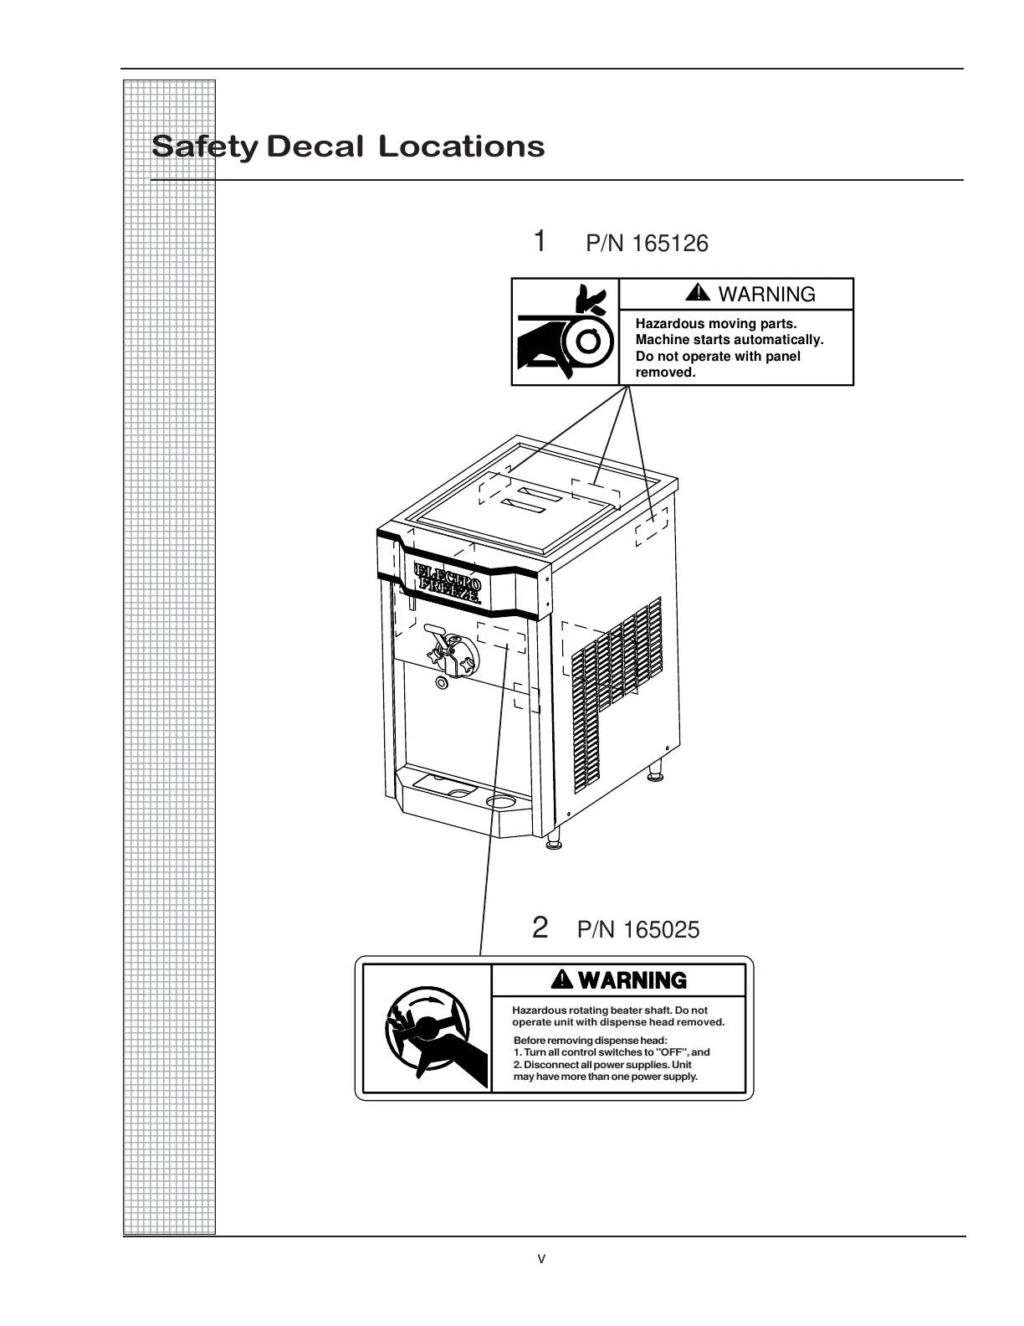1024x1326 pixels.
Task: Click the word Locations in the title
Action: tap(461, 146)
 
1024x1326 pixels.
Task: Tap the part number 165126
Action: tap(670, 244)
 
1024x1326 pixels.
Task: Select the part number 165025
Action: tap(662, 930)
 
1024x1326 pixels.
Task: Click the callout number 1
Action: tap(540, 241)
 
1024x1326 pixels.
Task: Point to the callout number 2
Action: tap(540, 928)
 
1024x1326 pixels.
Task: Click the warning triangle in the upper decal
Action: tap(697, 293)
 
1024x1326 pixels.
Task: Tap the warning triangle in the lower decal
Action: tap(563, 979)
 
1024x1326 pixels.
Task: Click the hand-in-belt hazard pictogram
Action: tap(565, 331)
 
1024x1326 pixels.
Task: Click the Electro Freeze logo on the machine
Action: tap(448, 584)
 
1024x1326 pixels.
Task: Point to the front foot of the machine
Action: tap(553, 844)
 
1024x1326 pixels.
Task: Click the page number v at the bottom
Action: tap(542, 1258)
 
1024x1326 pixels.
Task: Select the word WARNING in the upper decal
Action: tap(766, 295)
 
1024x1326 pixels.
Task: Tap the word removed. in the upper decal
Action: tap(665, 373)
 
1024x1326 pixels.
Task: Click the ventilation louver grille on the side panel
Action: tap(615, 695)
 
